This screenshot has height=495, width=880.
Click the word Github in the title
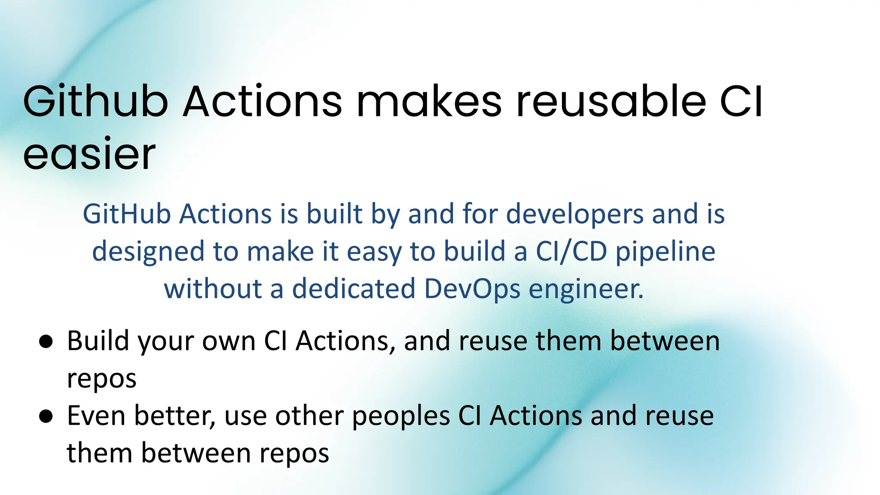[x=95, y=102]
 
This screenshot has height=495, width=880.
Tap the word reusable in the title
[x=611, y=102]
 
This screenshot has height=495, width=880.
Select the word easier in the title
[x=89, y=155]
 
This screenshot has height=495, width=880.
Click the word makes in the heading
[x=429, y=102]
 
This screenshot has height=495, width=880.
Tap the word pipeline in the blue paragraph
[x=666, y=253]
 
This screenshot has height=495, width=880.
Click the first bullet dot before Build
[x=46, y=342]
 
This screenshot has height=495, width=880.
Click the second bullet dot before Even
[x=46, y=416]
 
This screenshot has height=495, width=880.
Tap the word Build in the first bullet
[x=98, y=341]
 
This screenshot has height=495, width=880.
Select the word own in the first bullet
[x=229, y=342]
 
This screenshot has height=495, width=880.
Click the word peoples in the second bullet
[x=401, y=417]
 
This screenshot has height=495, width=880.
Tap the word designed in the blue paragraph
[x=148, y=253]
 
